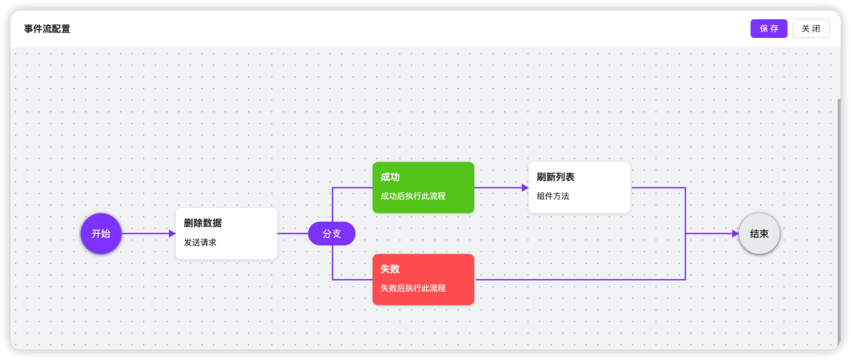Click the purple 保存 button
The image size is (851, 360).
pyautogui.click(x=768, y=28)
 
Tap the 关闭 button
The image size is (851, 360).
pyautogui.click(x=810, y=28)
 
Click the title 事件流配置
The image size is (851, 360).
pyautogui.click(x=46, y=29)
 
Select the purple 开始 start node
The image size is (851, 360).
pyautogui.click(x=101, y=233)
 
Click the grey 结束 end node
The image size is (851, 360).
pyautogui.click(x=759, y=233)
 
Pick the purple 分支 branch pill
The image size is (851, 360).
pyautogui.click(x=332, y=233)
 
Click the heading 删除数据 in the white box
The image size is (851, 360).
pyautogui.click(x=203, y=223)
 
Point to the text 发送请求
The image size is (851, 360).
pyautogui.click(x=200, y=243)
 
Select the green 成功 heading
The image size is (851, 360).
pyautogui.click(x=390, y=177)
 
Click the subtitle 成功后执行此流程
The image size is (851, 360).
pyautogui.click(x=413, y=196)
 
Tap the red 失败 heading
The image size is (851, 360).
pyautogui.click(x=390, y=269)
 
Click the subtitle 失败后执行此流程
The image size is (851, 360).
pyautogui.click(x=413, y=288)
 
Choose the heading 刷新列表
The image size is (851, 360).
pyautogui.click(x=556, y=177)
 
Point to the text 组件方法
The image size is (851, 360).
pyautogui.click(x=552, y=196)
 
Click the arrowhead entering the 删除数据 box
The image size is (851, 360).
pyautogui.click(x=172, y=233)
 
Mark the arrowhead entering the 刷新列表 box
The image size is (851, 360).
pyautogui.click(x=525, y=187)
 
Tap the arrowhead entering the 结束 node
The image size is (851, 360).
pyautogui.click(x=735, y=233)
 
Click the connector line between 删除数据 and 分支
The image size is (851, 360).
pyautogui.click(x=292, y=233)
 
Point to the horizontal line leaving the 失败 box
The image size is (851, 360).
pyautogui.click(x=579, y=279)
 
